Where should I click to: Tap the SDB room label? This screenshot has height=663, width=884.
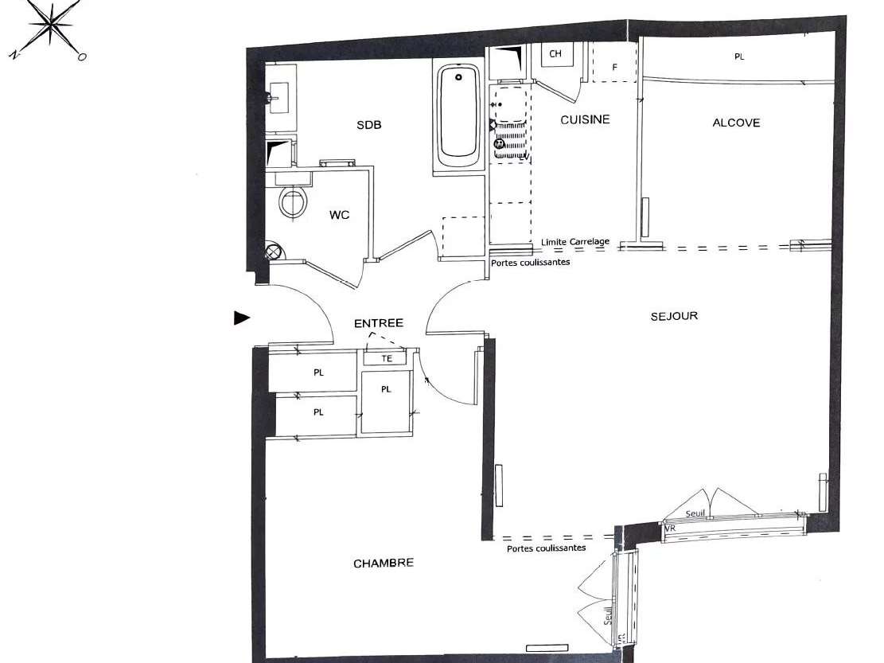[368, 125]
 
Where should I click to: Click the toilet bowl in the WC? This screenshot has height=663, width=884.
[293, 201]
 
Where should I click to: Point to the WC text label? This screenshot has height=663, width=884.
[339, 215]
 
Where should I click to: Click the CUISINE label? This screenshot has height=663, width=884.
[585, 119]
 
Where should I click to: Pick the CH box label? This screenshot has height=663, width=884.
[555, 54]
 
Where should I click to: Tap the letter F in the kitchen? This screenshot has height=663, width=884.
[614, 68]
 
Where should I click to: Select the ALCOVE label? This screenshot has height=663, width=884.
[736, 123]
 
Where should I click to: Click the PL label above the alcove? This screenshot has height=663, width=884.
[739, 57]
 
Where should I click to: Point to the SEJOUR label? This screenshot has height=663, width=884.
[674, 316]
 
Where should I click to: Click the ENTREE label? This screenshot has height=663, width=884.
[379, 323]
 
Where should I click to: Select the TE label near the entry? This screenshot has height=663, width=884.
[387, 359]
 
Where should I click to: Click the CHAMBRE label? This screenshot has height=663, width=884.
[384, 563]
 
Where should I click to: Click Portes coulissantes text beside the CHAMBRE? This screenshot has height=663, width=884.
[546, 548]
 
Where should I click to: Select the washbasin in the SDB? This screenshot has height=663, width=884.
[278, 99]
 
